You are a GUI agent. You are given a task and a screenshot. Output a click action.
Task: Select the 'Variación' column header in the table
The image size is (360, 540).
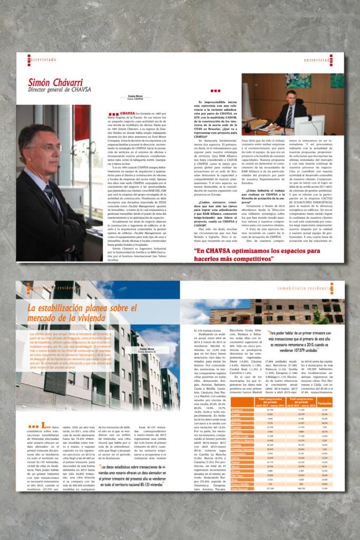(324, 403)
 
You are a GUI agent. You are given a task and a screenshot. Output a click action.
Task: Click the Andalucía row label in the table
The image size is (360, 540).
(237, 410)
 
